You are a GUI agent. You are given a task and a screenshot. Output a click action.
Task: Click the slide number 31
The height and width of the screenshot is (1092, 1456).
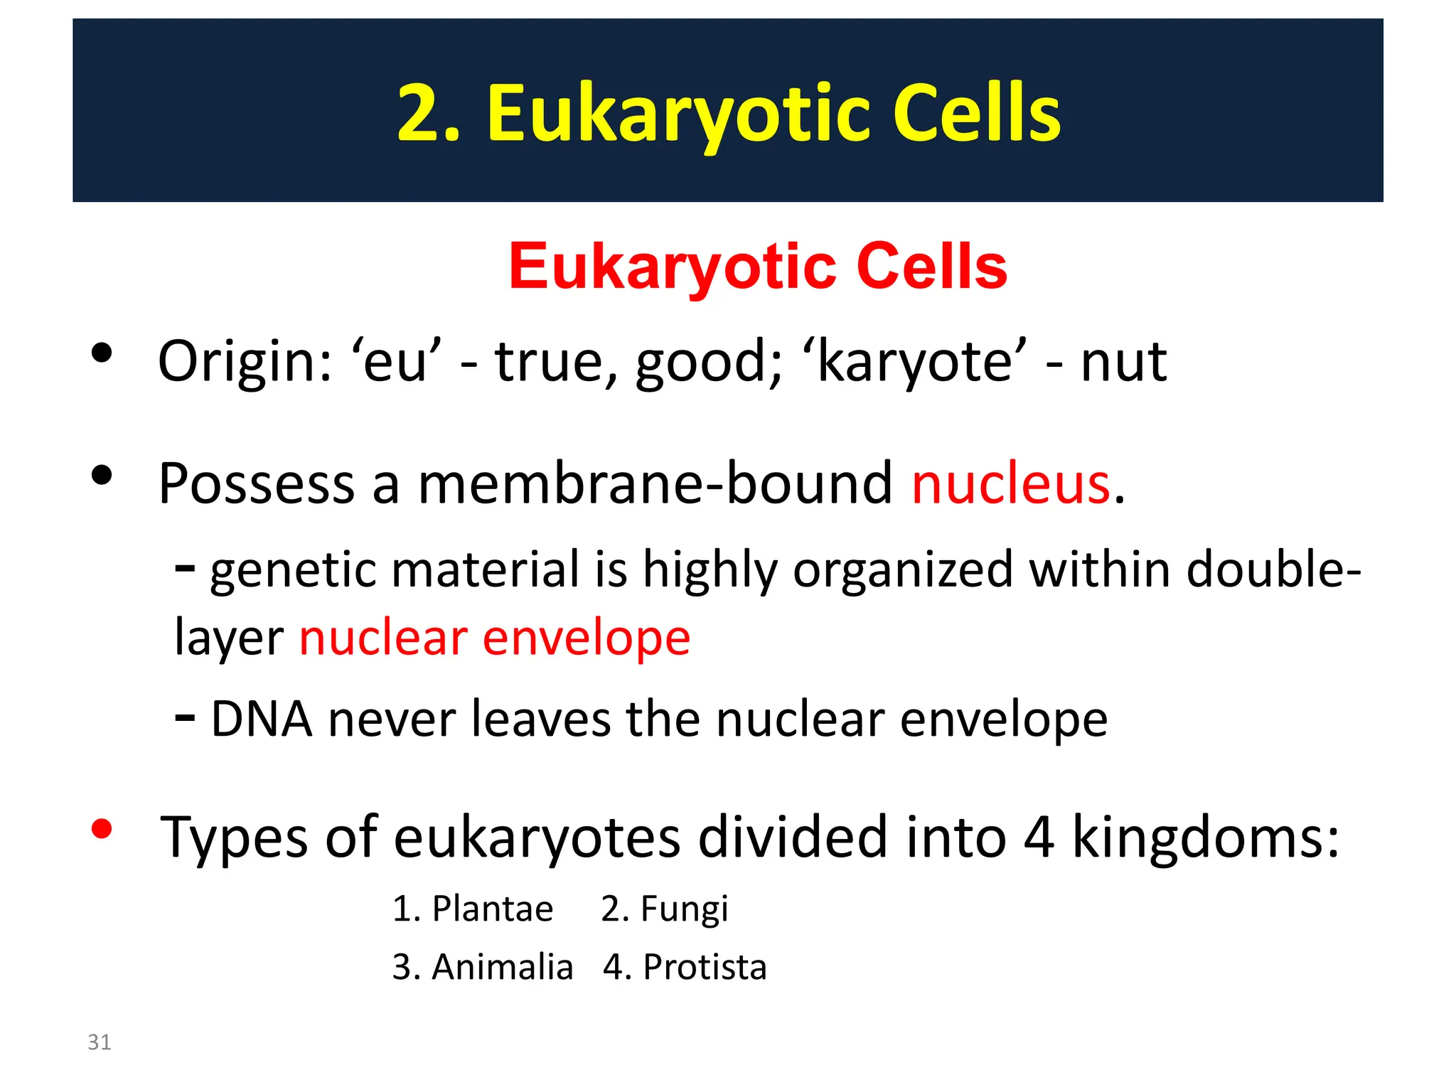(x=99, y=1042)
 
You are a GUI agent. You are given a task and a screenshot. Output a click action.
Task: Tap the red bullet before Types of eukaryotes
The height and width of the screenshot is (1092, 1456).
(x=102, y=829)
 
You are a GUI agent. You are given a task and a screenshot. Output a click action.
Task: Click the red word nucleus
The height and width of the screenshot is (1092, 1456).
(x=1010, y=484)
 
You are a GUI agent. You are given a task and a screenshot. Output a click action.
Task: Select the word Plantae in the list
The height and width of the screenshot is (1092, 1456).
(x=492, y=909)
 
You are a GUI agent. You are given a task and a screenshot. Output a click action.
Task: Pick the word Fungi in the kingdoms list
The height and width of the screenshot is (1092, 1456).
(x=684, y=909)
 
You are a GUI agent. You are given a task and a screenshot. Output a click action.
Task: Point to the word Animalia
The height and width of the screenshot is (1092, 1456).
(x=502, y=967)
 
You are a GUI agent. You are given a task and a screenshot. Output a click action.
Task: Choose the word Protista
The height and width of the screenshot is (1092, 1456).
(x=705, y=967)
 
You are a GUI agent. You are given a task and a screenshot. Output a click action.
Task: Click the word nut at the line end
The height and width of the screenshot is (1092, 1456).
(x=1123, y=362)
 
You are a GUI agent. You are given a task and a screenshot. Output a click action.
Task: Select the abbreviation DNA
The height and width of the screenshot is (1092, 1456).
(x=262, y=719)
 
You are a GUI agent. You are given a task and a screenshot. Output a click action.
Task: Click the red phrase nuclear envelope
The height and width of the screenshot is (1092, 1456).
(x=495, y=637)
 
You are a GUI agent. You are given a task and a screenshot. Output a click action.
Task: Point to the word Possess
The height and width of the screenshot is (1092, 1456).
(x=256, y=484)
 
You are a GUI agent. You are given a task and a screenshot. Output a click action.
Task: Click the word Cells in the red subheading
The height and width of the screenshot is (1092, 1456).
(x=931, y=267)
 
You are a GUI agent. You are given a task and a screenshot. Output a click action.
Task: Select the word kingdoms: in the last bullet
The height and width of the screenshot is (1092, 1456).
(x=1205, y=837)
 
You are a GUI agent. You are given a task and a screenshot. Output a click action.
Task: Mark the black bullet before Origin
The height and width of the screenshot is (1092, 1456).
(x=102, y=353)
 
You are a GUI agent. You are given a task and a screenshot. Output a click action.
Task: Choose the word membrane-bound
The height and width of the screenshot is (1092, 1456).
(x=654, y=484)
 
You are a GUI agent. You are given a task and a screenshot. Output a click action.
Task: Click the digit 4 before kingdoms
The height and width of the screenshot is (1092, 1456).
(x=1039, y=837)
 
